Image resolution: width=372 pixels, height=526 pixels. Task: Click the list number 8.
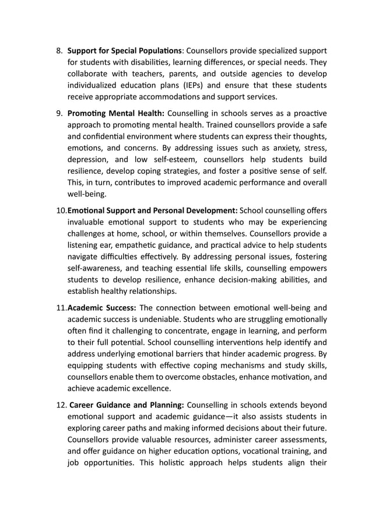[59, 50]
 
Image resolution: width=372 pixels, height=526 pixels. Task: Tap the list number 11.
[61, 308]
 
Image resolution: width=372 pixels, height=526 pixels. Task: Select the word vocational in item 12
[251, 453]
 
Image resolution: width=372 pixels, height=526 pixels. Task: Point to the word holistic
[191, 464]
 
